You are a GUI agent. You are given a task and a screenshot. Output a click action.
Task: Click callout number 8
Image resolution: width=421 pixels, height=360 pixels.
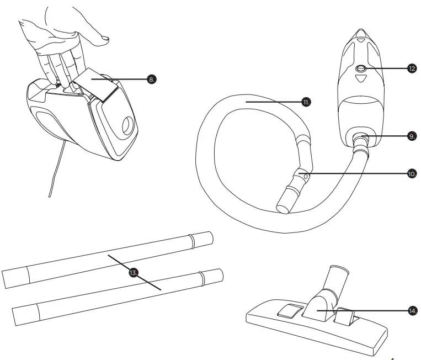(x=152, y=80)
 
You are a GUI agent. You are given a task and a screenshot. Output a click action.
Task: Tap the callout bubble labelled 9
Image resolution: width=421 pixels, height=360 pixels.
(x=412, y=135)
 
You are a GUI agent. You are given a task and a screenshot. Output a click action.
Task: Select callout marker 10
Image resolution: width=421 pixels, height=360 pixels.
(x=412, y=173)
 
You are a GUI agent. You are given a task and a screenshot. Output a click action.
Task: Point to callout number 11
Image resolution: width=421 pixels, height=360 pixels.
(x=307, y=102)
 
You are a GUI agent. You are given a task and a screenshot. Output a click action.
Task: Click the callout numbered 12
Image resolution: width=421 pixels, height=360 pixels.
(x=412, y=68)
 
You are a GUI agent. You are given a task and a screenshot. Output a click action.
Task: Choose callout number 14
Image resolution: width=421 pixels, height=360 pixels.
(x=412, y=311)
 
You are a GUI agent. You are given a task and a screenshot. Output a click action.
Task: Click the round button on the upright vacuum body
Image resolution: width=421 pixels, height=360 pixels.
(x=361, y=68)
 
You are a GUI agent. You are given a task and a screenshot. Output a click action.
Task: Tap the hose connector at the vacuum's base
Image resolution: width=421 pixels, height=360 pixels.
(x=361, y=142)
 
